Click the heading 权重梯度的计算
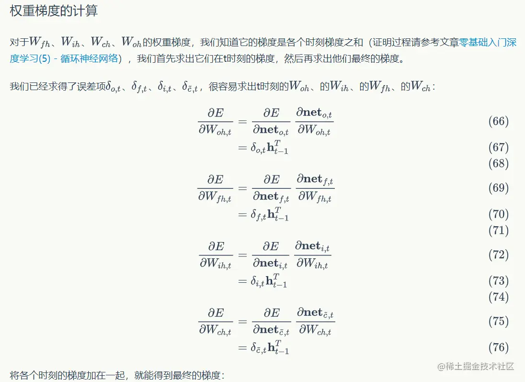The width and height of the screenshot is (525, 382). coord(54,12)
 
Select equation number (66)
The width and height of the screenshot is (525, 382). coord(498,121)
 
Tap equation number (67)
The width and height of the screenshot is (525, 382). coord(498,147)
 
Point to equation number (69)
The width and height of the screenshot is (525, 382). coord(498,188)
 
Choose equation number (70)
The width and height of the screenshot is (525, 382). coord(498,214)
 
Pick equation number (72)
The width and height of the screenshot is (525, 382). coord(498,255)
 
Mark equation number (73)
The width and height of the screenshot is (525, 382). coord(498,280)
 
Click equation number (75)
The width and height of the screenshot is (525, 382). coord(498,321)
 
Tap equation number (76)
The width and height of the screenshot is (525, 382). coord(498,347)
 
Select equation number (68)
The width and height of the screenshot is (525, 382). coord(498,163)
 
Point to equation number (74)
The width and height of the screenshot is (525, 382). coord(498,297)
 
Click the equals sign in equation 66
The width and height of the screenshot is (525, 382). coord(243,121)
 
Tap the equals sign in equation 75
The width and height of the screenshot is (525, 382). coord(243,321)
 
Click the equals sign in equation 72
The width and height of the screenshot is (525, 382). coord(243,255)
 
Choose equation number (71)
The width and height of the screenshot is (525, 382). coord(498,230)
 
